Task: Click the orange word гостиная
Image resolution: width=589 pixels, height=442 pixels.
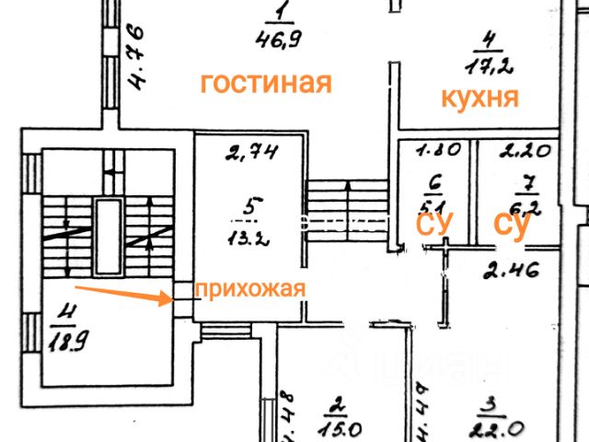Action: pyautogui.click(x=266, y=84)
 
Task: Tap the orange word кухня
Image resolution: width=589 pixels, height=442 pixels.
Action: pyautogui.click(x=479, y=97)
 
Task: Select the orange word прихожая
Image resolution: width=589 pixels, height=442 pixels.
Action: pyautogui.click(x=248, y=288)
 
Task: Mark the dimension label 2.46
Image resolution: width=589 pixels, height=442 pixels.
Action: pyautogui.click(x=510, y=271)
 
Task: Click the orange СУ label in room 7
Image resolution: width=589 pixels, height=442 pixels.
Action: pyautogui.click(x=512, y=225)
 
